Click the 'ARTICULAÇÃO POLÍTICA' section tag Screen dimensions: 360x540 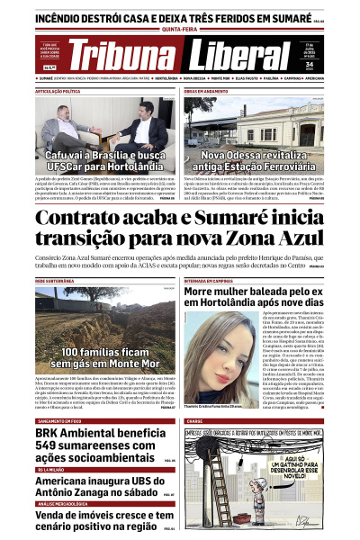coord(62,92)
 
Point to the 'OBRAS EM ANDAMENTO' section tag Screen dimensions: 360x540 coord(211,92)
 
